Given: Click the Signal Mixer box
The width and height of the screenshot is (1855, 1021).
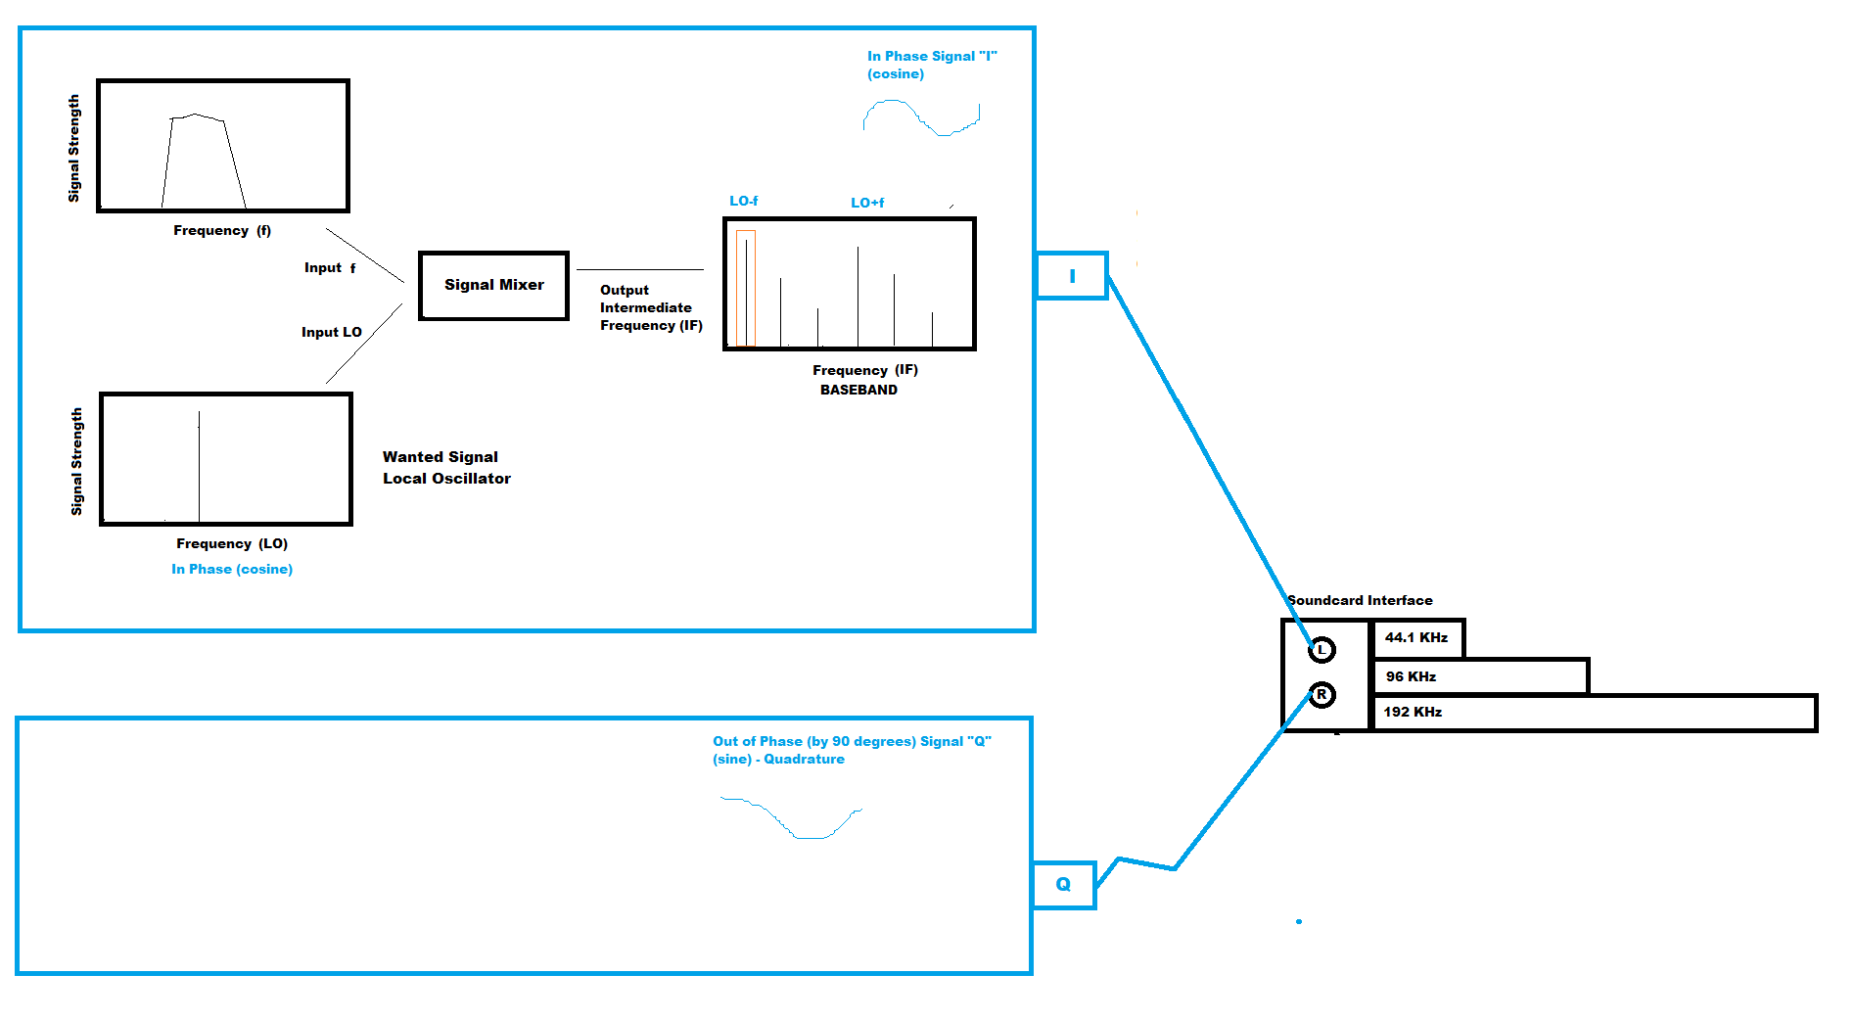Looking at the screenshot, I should pyautogui.click(x=493, y=285).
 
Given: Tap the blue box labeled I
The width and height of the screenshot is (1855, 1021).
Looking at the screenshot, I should pyautogui.click(x=1072, y=276).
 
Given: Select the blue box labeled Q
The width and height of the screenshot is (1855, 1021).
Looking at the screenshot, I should pyautogui.click(x=1063, y=885).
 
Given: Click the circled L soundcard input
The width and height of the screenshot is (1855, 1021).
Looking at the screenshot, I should pyautogui.click(x=1322, y=649).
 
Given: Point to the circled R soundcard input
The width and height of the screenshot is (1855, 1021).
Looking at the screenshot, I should pyautogui.click(x=1322, y=694).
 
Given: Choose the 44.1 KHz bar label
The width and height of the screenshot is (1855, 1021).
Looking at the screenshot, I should pyautogui.click(x=1415, y=637).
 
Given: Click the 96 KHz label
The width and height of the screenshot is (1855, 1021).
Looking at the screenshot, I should pyautogui.click(x=1411, y=676).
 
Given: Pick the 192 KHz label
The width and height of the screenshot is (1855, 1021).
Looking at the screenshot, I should pyautogui.click(x=1412, y=712).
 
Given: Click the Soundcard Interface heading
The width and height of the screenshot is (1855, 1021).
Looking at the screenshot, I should pyautogui.click(x=1360, y=600).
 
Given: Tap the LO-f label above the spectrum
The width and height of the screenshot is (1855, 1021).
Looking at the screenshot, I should pyautogui.click(x=743, y=201).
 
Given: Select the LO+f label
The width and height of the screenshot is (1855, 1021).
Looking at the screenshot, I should pyautogui.click(x=866, y=203).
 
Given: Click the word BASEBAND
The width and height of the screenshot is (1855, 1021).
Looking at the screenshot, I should pyautogui.click(x=858, y=390).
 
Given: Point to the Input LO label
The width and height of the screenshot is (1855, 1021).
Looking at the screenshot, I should pyautogui.click(x=331, y=332).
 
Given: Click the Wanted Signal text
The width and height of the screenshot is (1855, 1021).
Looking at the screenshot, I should pyautogui.click(x=440, y=457).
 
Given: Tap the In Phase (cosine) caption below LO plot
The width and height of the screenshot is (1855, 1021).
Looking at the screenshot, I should pyautogui.click(x=232, y=569).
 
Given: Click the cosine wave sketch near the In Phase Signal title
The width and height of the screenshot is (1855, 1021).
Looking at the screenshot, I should pyautogui.click(x=920, y=118).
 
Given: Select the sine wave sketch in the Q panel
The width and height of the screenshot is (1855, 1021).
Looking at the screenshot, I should pyautogui.click(x=793, y=818).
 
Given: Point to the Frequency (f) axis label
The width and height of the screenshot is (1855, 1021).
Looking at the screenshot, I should pyautogui.click(x=222, y=230).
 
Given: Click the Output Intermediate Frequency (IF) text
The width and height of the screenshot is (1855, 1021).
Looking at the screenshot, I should pyautogui.click(x=650, y=307).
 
